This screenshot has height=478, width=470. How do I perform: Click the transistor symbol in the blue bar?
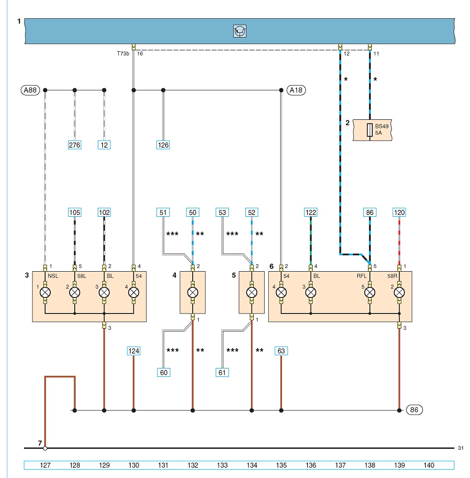click(x=240, y=31)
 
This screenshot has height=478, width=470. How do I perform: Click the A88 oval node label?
click(x=30, y=90)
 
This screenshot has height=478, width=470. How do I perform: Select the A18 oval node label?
click(x=296, y=90)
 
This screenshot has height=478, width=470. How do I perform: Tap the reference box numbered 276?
click(x=75, y=145)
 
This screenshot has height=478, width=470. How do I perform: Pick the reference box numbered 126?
click(x=163, y=145)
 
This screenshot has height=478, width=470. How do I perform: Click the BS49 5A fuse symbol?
click(x=370, y=130)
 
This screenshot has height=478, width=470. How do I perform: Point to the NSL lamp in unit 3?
click(x=45, y=292)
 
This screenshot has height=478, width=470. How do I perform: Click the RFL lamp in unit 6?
click(x=370, y=292)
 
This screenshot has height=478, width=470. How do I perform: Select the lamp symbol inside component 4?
click(x=193, y=292)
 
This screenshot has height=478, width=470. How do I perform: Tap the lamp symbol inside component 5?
click(x=251, y=292)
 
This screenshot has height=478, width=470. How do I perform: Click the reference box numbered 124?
click(x=133, y=351)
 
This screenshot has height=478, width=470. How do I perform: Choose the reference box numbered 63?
click(x=281, y=351)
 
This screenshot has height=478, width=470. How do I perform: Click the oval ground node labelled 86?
click(x=414, y=410)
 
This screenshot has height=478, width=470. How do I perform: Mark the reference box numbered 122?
click(x=311, y=212)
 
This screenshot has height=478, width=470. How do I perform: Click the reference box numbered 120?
click(x=399, y=212)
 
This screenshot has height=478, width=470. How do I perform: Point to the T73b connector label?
click(x=123, y=54)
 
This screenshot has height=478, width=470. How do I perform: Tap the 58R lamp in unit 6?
click(x=399, y=292)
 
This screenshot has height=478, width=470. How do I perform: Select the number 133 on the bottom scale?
click(x=222, y=465)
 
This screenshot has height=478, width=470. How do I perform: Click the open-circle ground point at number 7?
click(x=45, y=448)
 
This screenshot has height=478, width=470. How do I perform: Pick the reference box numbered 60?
click(x=164, y=373)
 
